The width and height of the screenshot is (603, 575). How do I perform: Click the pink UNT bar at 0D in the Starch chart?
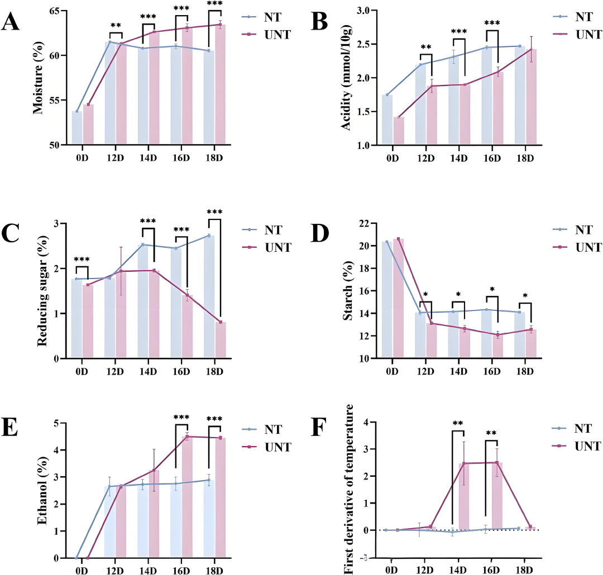(399, 298)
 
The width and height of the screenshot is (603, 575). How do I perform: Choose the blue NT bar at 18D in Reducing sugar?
(209, 297)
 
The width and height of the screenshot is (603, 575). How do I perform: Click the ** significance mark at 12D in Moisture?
(116, 25)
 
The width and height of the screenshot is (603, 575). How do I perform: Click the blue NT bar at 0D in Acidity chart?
(387, 119)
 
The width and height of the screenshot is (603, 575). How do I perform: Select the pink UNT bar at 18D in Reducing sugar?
(221, 340)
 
